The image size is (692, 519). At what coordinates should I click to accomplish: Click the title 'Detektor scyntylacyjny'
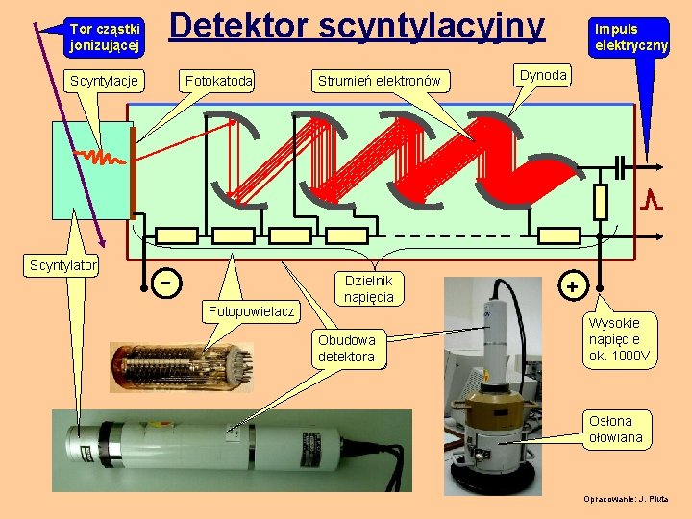click(x=357, y=27)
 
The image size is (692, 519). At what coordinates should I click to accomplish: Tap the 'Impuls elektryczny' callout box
click(x=630, y=37)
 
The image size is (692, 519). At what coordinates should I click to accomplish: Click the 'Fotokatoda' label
click(x=218, y=81)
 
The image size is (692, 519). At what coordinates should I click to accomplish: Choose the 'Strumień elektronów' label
click(x=379, y=81)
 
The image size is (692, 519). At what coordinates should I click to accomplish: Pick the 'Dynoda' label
click(x=543, y=74)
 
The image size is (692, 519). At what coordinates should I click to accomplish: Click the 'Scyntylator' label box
click(x=63, y=264)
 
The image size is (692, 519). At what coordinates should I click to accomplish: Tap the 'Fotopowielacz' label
click(x=251, y=311)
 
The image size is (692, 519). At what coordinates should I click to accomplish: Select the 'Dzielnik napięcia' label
click(x=369, y=288)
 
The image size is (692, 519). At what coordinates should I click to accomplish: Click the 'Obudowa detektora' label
click(x=346, y=349)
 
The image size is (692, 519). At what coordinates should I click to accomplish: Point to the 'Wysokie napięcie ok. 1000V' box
click(x=619, y=338)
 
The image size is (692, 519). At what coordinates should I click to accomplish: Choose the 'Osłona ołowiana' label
click(x=616, y=429)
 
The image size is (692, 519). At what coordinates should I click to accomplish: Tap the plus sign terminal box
click(x=573, y=285)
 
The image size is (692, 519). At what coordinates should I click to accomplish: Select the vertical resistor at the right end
click(x=601, y=202)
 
